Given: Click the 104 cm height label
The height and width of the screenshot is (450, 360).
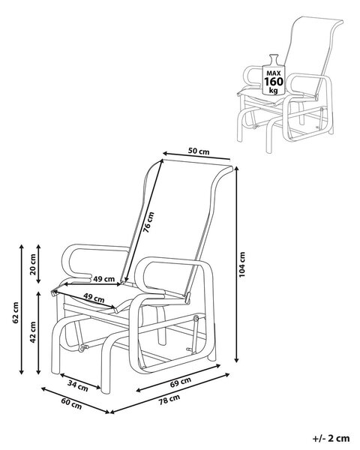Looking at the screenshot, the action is click(x=242, y=264).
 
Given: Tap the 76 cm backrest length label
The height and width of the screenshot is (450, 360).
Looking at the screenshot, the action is click(x=148, y=222).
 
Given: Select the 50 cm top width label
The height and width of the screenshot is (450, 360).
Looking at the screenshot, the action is click(x=199, y=151).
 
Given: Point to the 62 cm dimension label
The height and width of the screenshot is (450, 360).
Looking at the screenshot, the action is click(x=16, y=313).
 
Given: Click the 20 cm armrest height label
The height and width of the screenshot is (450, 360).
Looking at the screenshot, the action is click(x=33, y=264).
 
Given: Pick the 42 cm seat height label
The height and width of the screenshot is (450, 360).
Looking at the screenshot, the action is click(x=33, y=332).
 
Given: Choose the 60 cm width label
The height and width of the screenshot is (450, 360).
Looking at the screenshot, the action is click(x=71, y=403).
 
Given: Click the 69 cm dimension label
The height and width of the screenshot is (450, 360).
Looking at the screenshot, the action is click(x=181, y=382).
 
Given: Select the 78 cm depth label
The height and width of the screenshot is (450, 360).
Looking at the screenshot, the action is click(x=169, y=400).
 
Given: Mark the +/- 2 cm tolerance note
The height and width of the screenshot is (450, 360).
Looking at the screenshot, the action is click(x=331, y=439).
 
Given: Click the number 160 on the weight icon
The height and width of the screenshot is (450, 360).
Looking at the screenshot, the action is click(x=274, y=82).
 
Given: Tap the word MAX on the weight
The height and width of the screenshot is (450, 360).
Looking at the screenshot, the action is click(x=273, y=73).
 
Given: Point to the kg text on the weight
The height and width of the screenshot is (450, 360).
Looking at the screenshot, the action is click(x=273, y=91).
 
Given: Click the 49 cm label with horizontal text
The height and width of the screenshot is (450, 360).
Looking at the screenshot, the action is click(x=104, y=279).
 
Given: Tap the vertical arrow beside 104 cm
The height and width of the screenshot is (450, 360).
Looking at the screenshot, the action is click(x=236, y=264).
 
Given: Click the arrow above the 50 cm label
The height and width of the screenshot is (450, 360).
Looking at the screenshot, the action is click(x=196, y=155).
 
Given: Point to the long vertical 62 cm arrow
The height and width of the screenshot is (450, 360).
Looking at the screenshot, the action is click(x=21, y=309).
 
